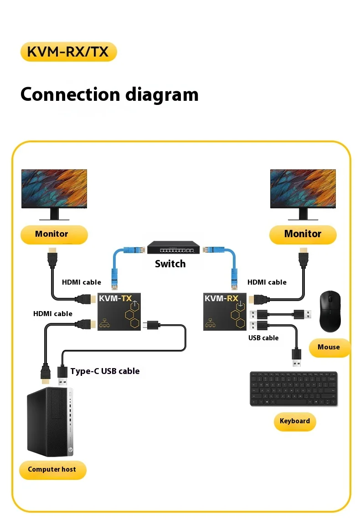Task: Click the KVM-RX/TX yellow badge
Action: point(68,52)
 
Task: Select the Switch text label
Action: point(170,264)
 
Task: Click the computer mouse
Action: point(330,312)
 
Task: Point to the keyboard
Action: point(293,389)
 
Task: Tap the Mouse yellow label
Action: point(329,348)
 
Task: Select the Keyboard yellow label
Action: point(294,421)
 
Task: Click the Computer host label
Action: point(52,469)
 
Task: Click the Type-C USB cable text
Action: point(105,371)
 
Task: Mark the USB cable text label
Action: point(263,338)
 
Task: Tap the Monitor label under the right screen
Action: point(303,234)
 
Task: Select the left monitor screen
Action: point(54,188)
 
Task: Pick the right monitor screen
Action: point(303,188)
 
